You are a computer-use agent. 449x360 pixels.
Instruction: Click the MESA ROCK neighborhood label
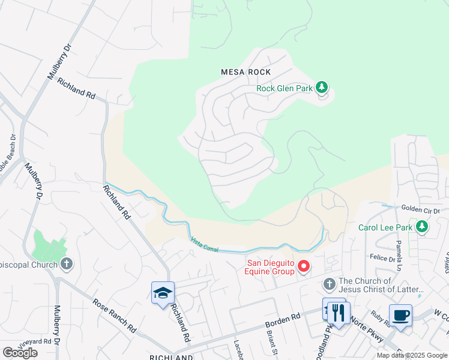click(246, 72)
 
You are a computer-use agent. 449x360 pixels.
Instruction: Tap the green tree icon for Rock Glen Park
click(322, 88)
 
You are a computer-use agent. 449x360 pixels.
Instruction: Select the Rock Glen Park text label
click(285, 88)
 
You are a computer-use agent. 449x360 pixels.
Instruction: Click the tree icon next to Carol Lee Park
click(423, 227)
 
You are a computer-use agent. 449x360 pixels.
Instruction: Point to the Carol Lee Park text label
click(385, 227)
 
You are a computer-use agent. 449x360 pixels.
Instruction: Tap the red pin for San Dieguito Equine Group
click(304, 266)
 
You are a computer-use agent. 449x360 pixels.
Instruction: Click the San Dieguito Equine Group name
click(270, 266)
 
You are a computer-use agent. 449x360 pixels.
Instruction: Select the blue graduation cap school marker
click(163, 293)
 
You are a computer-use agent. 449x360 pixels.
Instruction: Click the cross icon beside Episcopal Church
click(67, 264)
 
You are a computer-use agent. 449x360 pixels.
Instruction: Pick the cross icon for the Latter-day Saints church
click(329, 283)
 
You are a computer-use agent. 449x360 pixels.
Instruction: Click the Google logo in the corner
click(20, 352)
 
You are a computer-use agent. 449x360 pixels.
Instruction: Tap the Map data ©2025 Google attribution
click(412, 355)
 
